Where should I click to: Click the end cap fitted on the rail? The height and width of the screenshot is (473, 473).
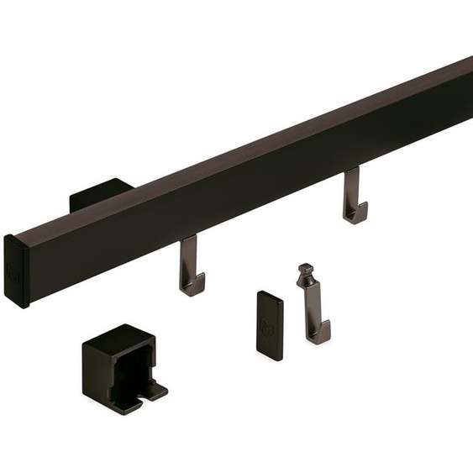tap(16, 271)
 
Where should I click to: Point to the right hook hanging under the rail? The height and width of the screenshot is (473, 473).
tap(354, 197)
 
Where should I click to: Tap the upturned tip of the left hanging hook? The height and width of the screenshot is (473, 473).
tap(201, 282)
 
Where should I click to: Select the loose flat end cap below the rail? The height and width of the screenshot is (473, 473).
tap(270, 325)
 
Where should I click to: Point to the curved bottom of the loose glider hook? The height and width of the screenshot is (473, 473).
tap(318, 337)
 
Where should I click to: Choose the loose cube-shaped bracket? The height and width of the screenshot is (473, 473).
tap(122, 368)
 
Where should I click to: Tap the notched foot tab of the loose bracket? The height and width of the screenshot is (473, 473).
tap(155, 390)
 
